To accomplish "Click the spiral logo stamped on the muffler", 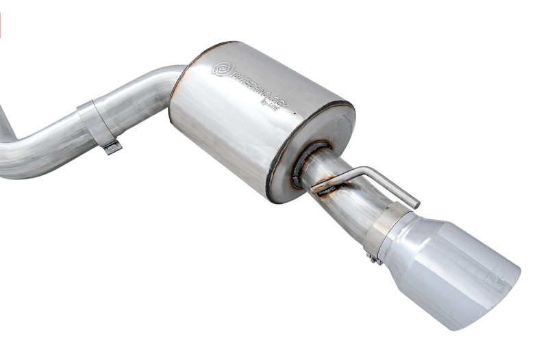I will [x=222, y=69].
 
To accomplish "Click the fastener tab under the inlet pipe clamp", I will [x=112, y=146].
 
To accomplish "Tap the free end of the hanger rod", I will [x=414, y=201].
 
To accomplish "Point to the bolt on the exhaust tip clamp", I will [x=373, y=258].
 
